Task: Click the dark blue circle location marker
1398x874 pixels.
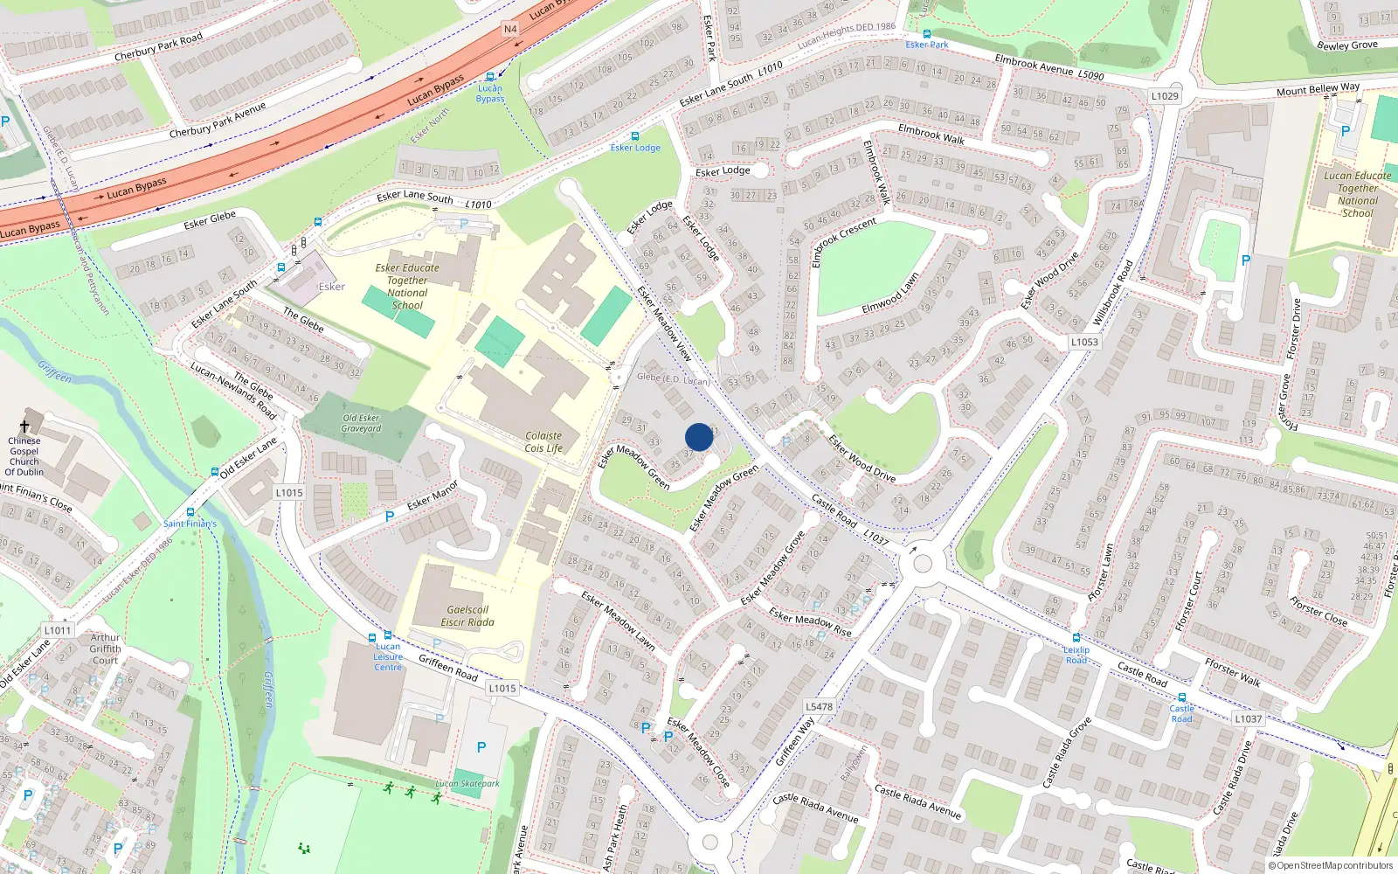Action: [x=699, y=437]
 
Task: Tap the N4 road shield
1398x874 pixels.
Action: [x=510, y=29]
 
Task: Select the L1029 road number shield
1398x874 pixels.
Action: [x=1165, y=96]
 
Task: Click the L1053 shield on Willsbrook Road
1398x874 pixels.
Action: [x=1084, y=342]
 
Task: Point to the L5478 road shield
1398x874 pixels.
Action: [x=820, y=706]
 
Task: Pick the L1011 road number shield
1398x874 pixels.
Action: [x=58, y=630]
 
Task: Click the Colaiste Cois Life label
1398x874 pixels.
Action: [x=543, y=442]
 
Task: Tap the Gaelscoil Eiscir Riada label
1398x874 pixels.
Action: [x=467, y=616]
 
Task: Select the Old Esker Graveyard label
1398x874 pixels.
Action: [x=361, y=423]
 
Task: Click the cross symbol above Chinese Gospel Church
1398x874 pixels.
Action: [x=24, y=427]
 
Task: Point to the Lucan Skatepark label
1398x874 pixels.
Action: [x=467, y=783]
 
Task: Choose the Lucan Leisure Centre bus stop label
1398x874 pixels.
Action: [x=388, y=656]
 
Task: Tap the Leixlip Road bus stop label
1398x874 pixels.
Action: [x=1076, y=655]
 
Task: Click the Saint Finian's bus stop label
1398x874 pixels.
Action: [x=190, y=524]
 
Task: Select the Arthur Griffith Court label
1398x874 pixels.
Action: [x=105, y=649]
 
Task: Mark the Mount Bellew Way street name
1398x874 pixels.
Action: [x=1318, y=89]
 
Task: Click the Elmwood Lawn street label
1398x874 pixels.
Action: [x=890, y=294]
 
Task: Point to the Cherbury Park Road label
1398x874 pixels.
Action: [x=158, y=47]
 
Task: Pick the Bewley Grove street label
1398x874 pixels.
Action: [x=1346, y=45]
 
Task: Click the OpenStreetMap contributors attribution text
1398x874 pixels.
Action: [x=1330, y=865]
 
